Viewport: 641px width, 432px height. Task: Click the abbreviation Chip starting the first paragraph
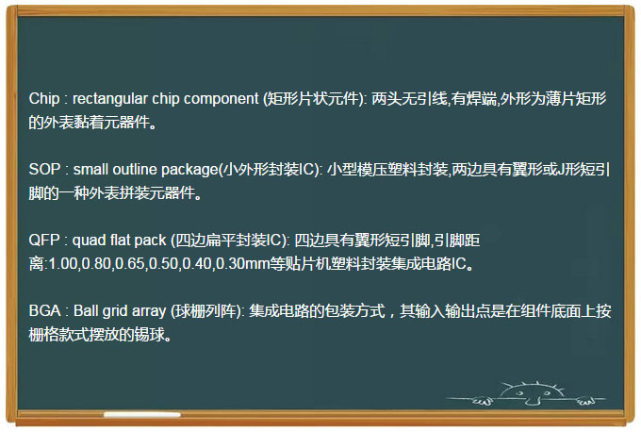[44, 99]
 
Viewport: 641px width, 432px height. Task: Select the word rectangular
[110, 99]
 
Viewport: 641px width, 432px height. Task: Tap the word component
[222, 100]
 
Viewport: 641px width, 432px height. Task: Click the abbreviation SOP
[44, 170]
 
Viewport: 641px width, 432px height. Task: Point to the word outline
[135, 170]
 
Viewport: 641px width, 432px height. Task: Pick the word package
[189, 170]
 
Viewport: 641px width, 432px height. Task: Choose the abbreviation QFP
[44, 241]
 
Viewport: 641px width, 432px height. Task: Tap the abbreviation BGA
[45, 311]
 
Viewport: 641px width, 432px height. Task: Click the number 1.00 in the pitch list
[63, 264]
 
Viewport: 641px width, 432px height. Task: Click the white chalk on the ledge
[142, 414]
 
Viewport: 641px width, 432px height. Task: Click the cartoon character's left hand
[483, 401]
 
